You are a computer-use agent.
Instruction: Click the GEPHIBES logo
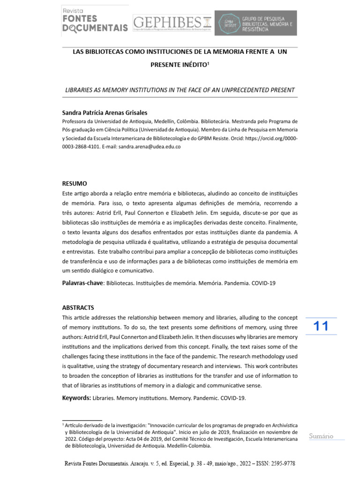point(172,22)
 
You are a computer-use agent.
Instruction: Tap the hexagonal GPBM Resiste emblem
point(229,23)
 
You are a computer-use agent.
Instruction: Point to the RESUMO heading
point(75,183)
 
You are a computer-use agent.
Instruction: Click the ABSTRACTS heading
point(78,307)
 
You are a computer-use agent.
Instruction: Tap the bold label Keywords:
point(76,398)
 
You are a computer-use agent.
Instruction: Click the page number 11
point(321,326)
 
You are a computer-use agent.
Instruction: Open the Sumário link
point(321,436)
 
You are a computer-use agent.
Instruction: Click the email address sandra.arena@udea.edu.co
point(150,146)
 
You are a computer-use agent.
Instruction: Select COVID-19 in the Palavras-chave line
point(263,284)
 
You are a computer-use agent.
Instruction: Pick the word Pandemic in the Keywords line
point(200,398)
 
